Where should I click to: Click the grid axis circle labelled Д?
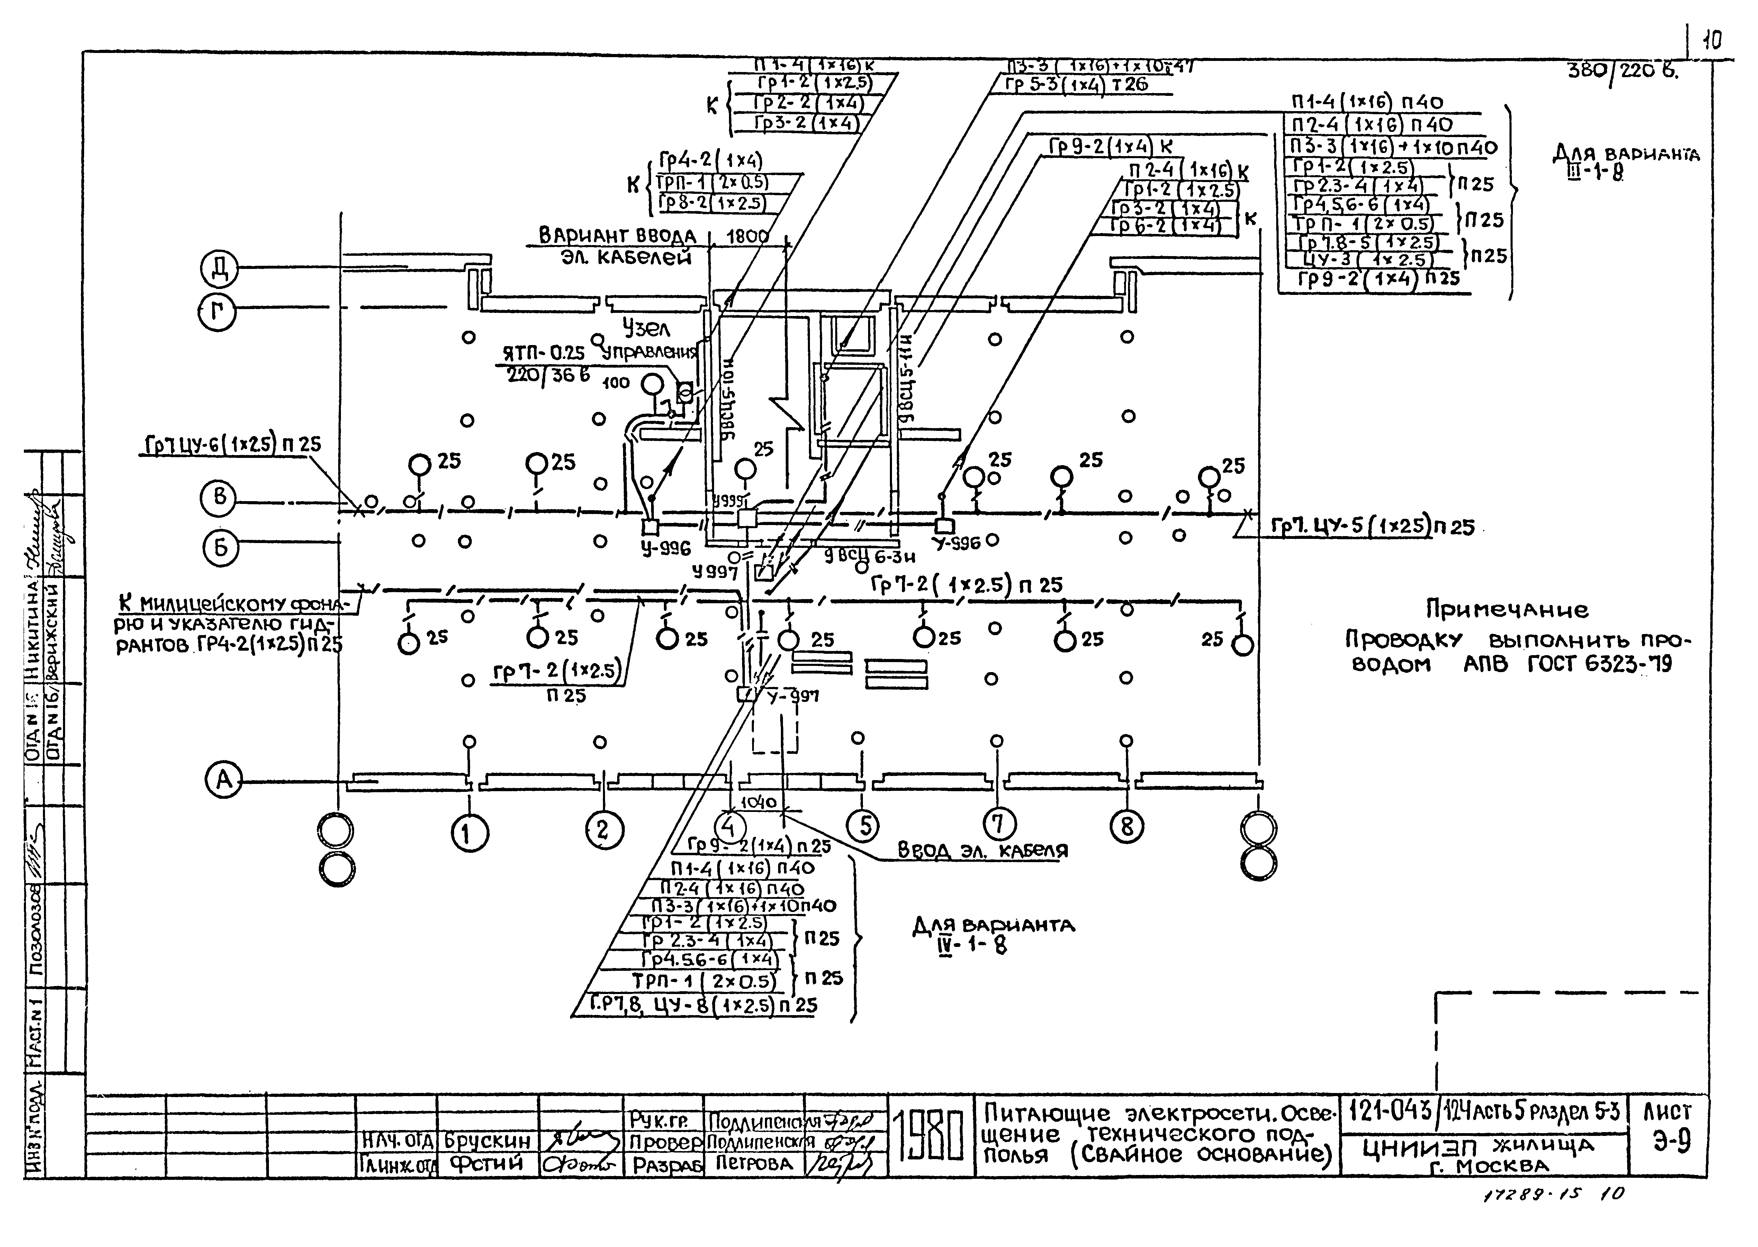pos(220,270)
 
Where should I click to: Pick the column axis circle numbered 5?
pos(865,825)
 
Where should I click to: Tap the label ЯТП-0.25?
pos(543,353)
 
